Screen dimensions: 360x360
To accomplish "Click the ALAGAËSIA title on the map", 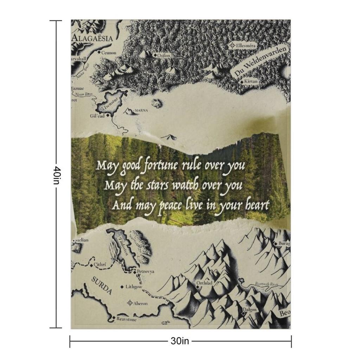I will click(92, 38).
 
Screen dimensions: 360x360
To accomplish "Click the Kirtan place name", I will click(251, 82).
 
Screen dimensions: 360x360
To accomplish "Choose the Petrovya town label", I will click(145, 272).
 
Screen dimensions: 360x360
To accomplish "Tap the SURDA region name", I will click(102, 285).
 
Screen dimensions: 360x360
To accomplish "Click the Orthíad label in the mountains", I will click(204, 283).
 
